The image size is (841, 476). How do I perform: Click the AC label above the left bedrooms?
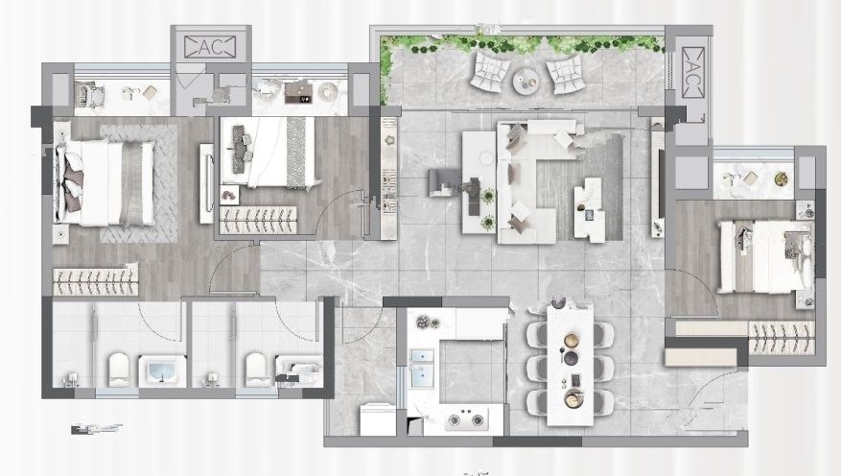point(210,47)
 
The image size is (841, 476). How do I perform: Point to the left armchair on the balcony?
point(490,71)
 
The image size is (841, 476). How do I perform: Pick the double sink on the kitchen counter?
point(422,369)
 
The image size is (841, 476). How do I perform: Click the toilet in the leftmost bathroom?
point(119,369)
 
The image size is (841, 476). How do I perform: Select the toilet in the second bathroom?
point(256,369)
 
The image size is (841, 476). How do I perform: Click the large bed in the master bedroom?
point(105,183)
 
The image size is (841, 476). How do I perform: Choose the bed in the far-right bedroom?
point(765,257)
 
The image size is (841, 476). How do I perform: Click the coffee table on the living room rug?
point(589,209)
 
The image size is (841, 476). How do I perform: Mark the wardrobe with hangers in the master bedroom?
point(95,279)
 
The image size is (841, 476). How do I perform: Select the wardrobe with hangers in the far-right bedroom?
point(781,338)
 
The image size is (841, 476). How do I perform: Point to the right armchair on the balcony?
point(564,73)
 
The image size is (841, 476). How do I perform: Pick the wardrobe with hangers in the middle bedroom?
point(258,220)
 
